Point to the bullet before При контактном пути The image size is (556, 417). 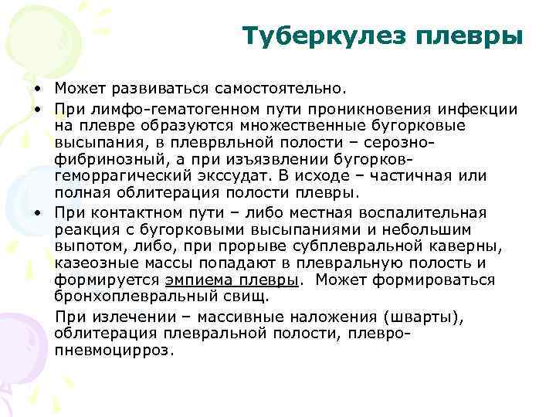click(36, 212)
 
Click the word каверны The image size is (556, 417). click(468, 246)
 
